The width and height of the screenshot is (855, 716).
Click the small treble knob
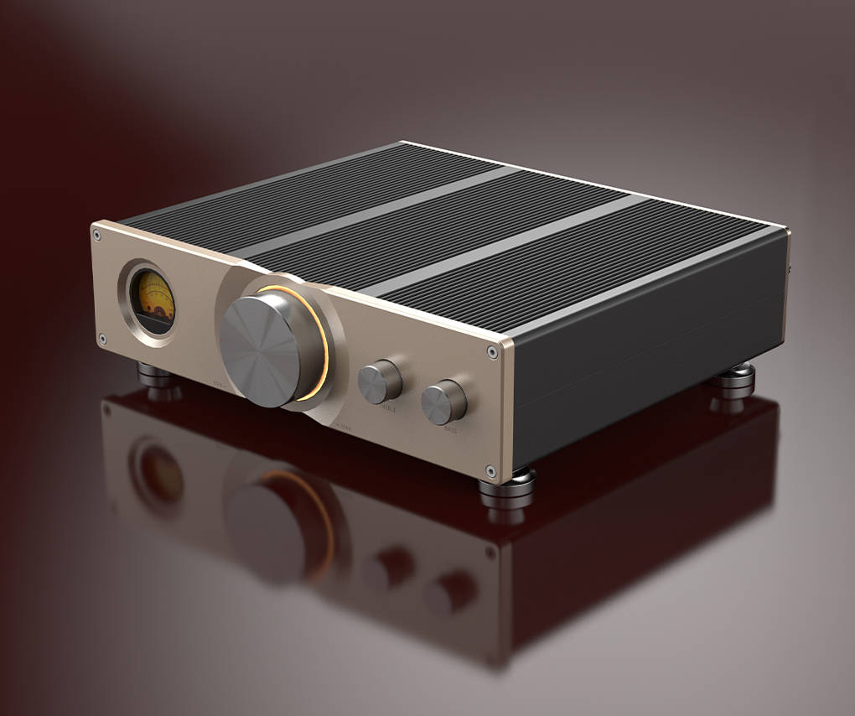[x=379, y=382]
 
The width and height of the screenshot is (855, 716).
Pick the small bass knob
[x=443, y=402]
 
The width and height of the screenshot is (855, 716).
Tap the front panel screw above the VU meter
[x=100, y=236]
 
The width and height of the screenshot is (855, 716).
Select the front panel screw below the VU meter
[x=102, y=340]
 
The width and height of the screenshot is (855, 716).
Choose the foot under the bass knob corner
[x=506, y=490]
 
